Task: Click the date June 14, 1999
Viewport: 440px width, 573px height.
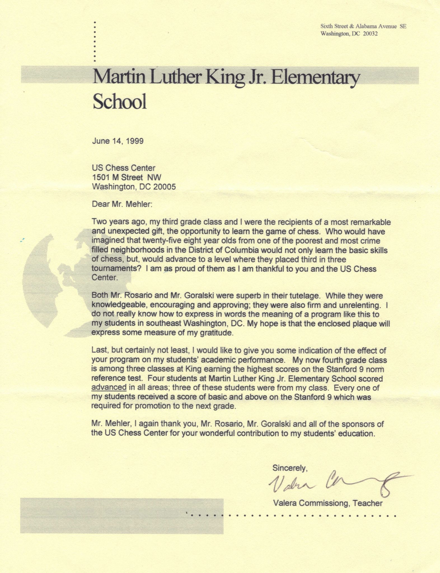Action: pyautogui.click(x=118, y=141)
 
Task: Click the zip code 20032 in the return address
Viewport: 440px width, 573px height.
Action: pyautogui.click(x=370, y=34)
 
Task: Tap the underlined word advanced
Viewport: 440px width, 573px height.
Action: pyautogui.click(x=109, y=388)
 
